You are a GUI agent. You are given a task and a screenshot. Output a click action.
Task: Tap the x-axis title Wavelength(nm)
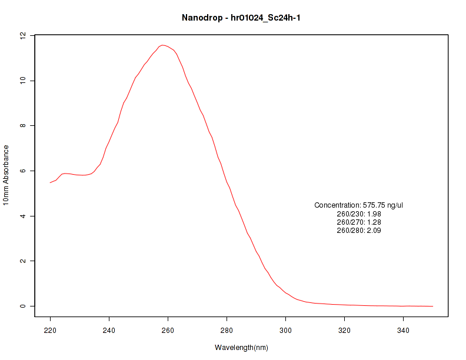pos(241,348)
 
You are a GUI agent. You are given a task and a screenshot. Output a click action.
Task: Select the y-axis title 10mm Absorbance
pos(6,175)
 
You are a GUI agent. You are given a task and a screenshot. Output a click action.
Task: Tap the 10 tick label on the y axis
pos(22,81)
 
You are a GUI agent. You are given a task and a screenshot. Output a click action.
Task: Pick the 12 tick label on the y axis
pos(22,36)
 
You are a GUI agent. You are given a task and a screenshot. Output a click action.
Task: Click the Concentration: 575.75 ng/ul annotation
pos(358,205)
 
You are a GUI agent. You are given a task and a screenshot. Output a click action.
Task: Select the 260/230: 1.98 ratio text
pos(358,214)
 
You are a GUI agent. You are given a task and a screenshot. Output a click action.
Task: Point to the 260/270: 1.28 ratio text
pos(358,222)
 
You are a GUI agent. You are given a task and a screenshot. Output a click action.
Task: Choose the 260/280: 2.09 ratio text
pos(358,231)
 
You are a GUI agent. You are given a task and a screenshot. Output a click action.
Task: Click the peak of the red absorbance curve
pos(162,45)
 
